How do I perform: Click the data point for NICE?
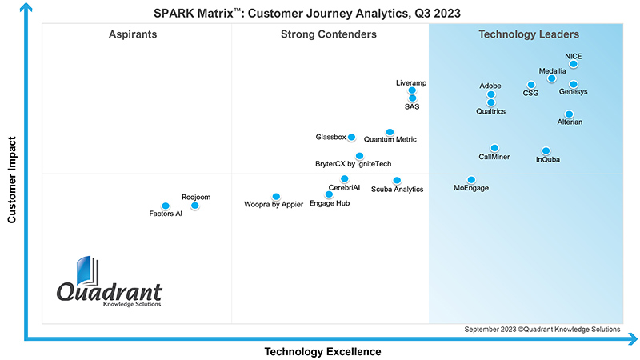(x=574, y=65)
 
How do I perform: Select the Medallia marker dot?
(x=551, y=78)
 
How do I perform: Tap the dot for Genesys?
(x=574, y=84)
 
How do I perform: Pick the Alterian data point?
(x=569, y=114)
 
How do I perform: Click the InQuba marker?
(x=546, y=150)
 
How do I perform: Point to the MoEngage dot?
(x=471, y=180)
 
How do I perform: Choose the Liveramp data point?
(x=412, y=90)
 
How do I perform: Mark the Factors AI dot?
(x=166, y=206)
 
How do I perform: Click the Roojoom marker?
(x=194, y=206)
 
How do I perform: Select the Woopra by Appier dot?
(x=276, y=196)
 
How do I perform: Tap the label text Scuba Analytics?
(x=397, y=190)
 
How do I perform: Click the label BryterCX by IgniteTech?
(x=353, y=164)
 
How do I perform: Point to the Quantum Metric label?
(x=390, y=140)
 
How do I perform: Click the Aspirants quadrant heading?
(x=133, y=34)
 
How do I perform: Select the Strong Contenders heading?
(x=329, y=34)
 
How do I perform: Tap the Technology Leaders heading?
(x=529, y=34)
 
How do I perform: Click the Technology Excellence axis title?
(x=322, y=351)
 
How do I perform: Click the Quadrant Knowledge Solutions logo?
(x=109, y=284)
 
